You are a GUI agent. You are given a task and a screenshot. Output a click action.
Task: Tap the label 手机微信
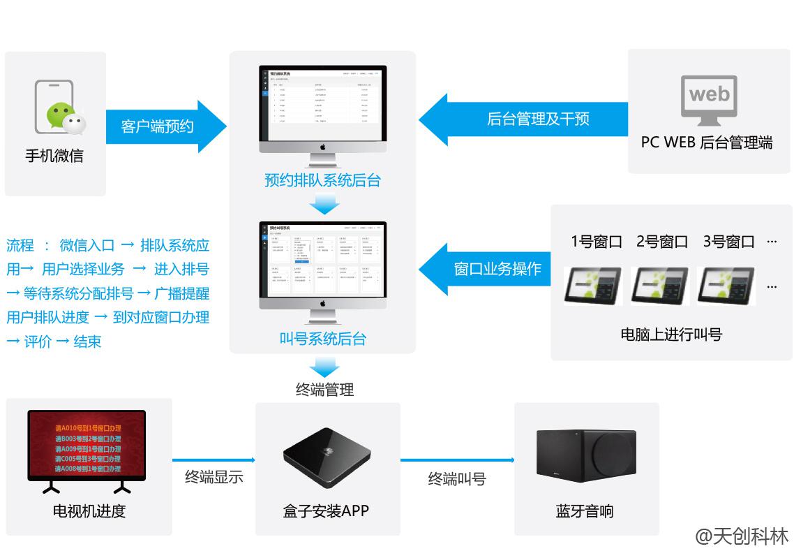tap(54, 156)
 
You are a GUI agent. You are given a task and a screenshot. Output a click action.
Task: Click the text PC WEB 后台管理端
tap(707, 142)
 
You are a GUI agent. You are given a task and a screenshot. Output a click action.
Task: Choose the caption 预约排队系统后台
tap(322, 180)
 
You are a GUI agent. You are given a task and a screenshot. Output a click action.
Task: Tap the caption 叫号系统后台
tap(322, 339)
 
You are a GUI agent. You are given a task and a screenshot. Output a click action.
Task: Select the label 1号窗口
tap(596, 242)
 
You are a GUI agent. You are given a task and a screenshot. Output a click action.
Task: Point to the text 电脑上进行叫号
tap(671, 335)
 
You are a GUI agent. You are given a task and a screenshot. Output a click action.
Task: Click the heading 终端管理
tap(324, 390)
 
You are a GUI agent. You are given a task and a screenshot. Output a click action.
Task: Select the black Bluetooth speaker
tap(585, 455)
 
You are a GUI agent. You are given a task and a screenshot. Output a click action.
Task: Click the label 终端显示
tap(214, 477)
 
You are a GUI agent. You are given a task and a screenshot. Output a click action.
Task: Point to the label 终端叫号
tap(457, 479)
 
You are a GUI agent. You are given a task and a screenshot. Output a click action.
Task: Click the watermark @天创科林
tap(741, 536)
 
